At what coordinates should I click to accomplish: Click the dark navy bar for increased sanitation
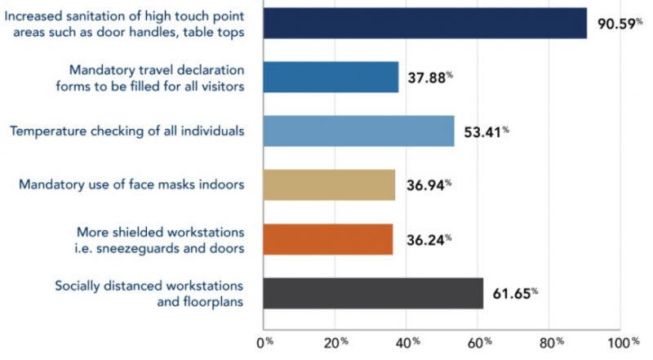(x=425, y=22)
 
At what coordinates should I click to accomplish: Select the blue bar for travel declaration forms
(x=331, y=77)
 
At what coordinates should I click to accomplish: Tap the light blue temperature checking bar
(x=359, y=131)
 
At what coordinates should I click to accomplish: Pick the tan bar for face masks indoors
(x=330, y=184)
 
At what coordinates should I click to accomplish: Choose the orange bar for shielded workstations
(x=328, y=238)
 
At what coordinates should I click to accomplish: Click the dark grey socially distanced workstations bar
(x=374, y=293)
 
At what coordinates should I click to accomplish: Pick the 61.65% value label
(x=516, y=294)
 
